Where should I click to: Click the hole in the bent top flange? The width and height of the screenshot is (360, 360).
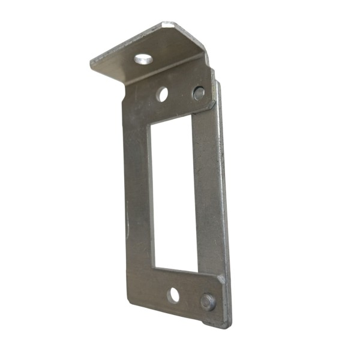tap(143, 59)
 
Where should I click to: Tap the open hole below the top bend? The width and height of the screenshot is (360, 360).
tap(162, 94)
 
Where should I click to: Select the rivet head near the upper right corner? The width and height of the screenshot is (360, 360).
tap(199, 93)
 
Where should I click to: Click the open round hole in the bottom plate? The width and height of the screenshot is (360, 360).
tap(173, 295)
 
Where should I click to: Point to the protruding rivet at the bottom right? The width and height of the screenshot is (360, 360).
tap(208, 302)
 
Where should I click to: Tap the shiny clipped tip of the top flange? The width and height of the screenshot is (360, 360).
tap(169, 25)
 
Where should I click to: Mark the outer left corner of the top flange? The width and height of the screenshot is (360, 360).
tap(92, 62)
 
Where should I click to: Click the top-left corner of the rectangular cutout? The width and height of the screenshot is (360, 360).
tap(151, 126)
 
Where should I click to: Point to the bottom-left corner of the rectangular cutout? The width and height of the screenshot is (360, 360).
tap(154, 268)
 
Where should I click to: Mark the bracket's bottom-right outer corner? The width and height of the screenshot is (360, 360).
tap(226, 326)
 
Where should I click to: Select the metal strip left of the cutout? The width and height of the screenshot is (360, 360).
tap(137, 192)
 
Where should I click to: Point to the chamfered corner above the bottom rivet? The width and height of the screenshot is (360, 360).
tap(221, 278)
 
